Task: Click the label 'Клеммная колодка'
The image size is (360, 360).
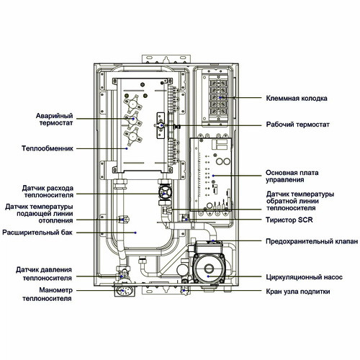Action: point(297,99)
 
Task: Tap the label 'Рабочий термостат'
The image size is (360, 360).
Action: point(297,125)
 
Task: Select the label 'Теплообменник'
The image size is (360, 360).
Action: point(48,148)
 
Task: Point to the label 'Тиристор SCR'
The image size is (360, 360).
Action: point(289,220)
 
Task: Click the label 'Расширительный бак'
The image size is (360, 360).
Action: point(37,233)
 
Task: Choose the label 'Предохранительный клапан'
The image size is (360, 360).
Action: point(312,241)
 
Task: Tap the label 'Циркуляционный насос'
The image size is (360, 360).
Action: point(304,277)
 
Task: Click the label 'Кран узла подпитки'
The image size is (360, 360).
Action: point(298,292)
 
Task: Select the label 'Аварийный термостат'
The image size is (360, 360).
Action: point(55,120)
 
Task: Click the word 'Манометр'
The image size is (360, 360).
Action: point(56,290)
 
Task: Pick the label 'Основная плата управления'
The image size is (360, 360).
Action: point(292,176)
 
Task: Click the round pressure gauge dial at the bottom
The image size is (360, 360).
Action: point(123,291)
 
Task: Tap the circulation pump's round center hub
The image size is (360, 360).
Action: point(209,268)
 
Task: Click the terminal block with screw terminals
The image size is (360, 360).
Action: point(218,97)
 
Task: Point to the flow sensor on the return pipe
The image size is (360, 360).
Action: point(164,192)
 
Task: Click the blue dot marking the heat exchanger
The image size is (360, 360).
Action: point(127,148)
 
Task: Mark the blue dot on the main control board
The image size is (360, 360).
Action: point(213,176)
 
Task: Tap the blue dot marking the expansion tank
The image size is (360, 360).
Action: point(135,233)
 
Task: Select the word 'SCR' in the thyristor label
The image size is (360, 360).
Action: point(305,220)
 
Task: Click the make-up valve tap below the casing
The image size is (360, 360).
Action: point(184,290)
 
